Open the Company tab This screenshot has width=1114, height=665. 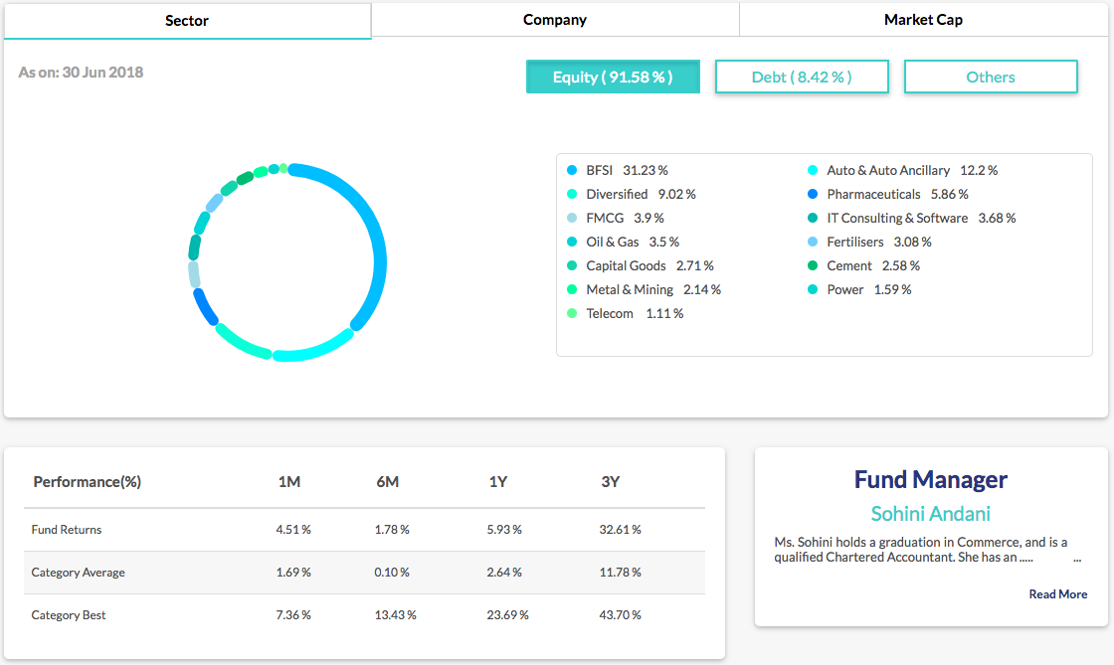pyautogui.click(x=555, y=20)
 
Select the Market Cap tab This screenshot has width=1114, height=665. pyautogui.click(x=923, y=20)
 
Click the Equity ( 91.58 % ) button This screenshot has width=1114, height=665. pyautogui.click(x=613, y=77)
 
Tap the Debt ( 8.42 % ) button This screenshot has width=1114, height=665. pyautogui.click(x=802, y=77)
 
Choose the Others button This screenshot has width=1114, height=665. pyautogui.click(x=991, y=77)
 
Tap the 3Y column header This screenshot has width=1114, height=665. pyautogui.click(x=611, y=482)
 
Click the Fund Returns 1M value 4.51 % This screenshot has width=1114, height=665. pyautogui.click(x=293, y=530)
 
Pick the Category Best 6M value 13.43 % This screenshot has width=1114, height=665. pyautogui.click(x=396, y=615)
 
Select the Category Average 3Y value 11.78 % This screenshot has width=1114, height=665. pyautogui.click(x=622, y=573)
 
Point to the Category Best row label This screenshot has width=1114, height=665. pyautogui.click(x=69, y=615)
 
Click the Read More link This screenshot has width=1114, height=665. pyautogui.click(x=1058, y=594)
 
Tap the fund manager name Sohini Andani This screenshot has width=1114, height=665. pyautogui.click(x=931, y=514)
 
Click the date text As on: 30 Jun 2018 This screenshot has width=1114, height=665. pyautogui.click(x=81, y=73)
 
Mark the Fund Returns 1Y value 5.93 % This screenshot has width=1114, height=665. pyautogui.click(x=506, y=530)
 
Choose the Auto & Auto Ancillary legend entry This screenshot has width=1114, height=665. pyautogui.click(x=911, y=170)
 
